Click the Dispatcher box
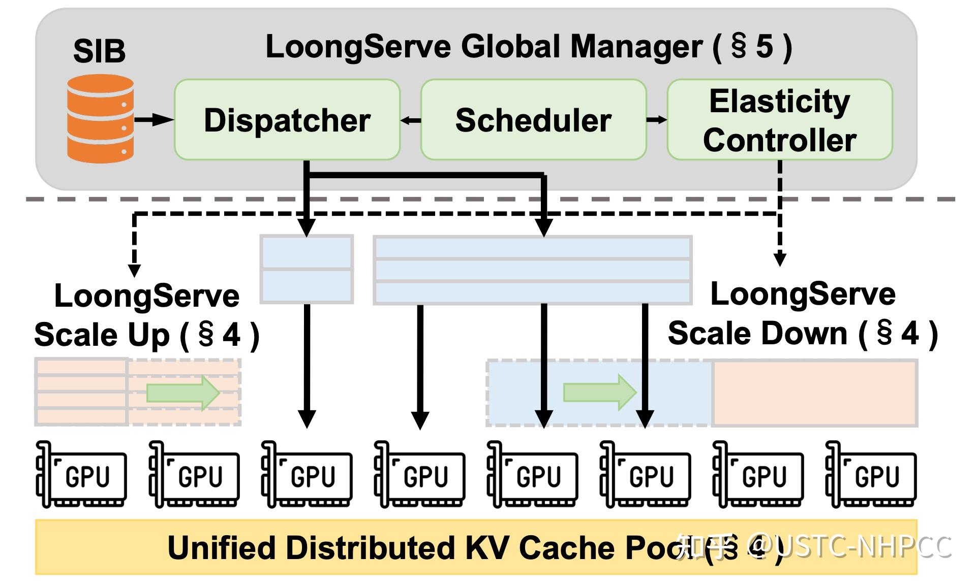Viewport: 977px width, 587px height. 287,120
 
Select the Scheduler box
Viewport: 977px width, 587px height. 533,120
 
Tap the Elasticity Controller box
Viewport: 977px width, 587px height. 779,120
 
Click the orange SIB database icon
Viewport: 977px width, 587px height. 101,119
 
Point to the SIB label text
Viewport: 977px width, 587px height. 99,51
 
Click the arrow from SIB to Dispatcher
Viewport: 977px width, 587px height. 154,120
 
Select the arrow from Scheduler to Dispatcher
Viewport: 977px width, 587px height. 411,120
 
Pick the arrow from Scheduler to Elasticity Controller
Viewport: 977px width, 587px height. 656,120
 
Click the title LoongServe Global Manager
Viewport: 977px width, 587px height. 529,47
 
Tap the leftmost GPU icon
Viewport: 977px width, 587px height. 81,474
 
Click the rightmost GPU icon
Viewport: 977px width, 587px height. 871,474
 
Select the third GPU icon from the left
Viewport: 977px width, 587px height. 307,474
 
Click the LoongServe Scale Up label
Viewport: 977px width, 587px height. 146,315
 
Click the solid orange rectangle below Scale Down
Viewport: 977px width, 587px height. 814,393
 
